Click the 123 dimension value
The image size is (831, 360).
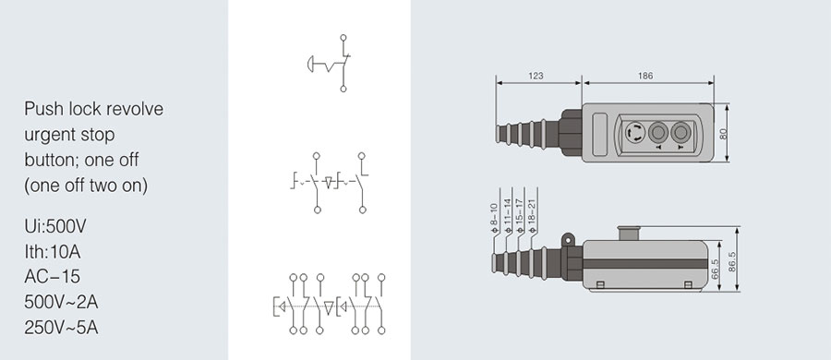(536, 77)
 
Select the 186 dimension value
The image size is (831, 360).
(645, 77)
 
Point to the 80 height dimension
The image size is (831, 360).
(723, 133)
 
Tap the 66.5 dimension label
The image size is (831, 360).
(716, 269)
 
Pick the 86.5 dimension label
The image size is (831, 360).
(732, 261)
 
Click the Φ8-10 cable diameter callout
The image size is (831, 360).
(495, 219)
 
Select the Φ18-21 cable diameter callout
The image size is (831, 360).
(533, 216)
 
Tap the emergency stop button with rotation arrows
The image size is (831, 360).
(634, 132)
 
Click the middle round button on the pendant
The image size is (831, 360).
(657, 131)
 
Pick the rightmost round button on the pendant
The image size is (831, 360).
(680, 131)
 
